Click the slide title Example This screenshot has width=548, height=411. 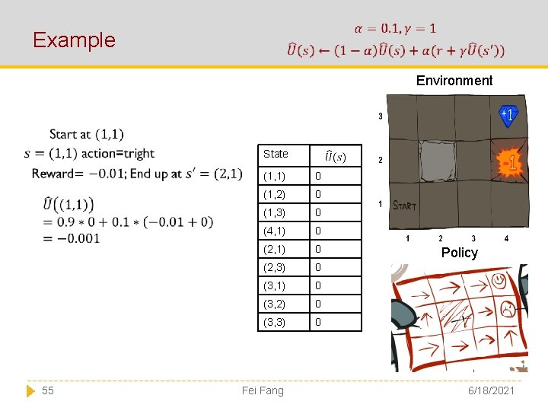[74, 40]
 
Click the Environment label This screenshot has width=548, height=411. [454, 81]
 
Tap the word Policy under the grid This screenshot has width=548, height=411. [459, 253]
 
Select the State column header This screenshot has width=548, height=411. [276, 154]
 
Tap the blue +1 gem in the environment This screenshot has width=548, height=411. [508, 114]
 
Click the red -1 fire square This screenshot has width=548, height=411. [509, 162]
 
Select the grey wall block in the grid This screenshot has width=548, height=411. [438, 160]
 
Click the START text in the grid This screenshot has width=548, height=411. [403, 205]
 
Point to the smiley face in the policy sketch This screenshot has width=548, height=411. [499, 281]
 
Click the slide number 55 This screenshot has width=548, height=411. [47, 390]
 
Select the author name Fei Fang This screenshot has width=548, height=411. [262, 390]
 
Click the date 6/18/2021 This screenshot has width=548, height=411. [492, 390]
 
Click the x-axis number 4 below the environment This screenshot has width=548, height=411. [507, 238]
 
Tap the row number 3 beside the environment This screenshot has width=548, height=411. [381, 116]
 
